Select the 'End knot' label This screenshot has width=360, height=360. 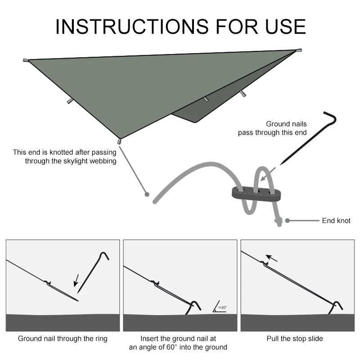[x=336, y=220]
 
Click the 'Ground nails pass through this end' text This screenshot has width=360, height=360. [x=272, y=128]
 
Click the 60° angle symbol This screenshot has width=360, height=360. [x=220, y=307]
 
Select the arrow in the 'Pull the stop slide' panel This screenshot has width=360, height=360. [x=272, y=258]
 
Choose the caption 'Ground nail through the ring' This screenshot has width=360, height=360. [x=63, y=338]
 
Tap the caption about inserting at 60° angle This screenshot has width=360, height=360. [x=178, y=342]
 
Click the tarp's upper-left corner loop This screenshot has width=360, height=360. [x=26, y=60]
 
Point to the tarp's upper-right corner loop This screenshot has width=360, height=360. [x=299, y=50]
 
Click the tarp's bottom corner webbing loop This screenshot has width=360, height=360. [x=119, y=142]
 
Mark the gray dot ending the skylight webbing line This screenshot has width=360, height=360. [x=146, y=194]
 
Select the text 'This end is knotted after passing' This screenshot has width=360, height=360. [x=64, y=153]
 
